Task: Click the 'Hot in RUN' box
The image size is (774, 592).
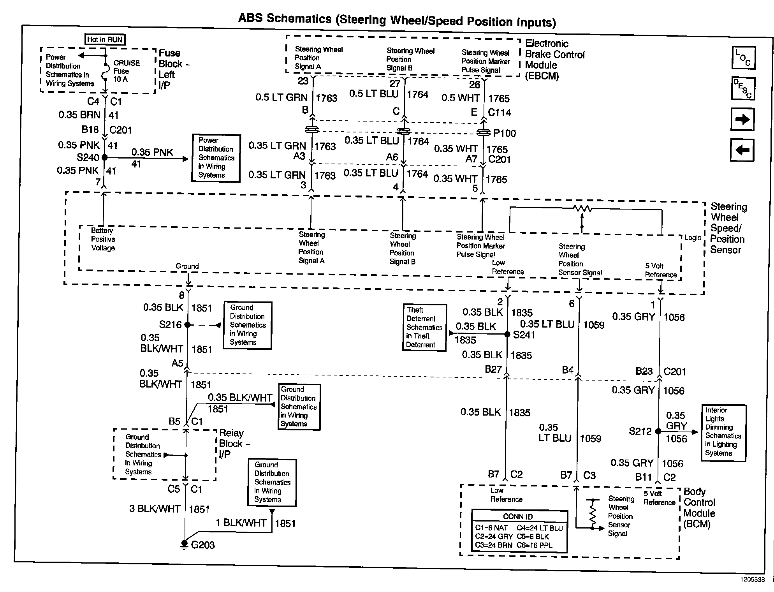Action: click(x=105, y=39)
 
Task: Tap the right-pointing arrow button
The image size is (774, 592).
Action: click(x=742, y=120)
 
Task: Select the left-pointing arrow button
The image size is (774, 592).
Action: click(x=742, y=150)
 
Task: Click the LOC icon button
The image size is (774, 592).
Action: click(x=743, y=58)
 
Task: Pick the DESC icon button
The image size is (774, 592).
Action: click(x=743, y=89)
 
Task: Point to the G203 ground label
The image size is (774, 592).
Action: click(x=203, y=545)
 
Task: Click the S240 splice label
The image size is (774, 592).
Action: click(x=88, y=158)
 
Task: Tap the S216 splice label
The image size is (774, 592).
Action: click(x=170, y=324)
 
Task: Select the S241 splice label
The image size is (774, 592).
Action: click(x=524, y=335)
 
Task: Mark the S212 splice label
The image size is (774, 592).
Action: click(x=640, y=431)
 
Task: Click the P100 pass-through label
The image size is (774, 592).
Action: click(x=505, y=134)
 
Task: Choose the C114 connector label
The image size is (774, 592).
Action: click(x=500, y=113)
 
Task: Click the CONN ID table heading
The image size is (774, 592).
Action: click(x=518, y=516)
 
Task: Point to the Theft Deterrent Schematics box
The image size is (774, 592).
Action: click(x=424, y=328)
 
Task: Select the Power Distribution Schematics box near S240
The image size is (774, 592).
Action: click(x=216, y=158)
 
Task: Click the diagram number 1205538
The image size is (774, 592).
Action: click(x=752, y=579)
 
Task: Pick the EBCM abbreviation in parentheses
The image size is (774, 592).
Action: click(x=542, y=76)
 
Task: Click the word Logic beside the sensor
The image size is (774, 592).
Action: click(x=693, y=238)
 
